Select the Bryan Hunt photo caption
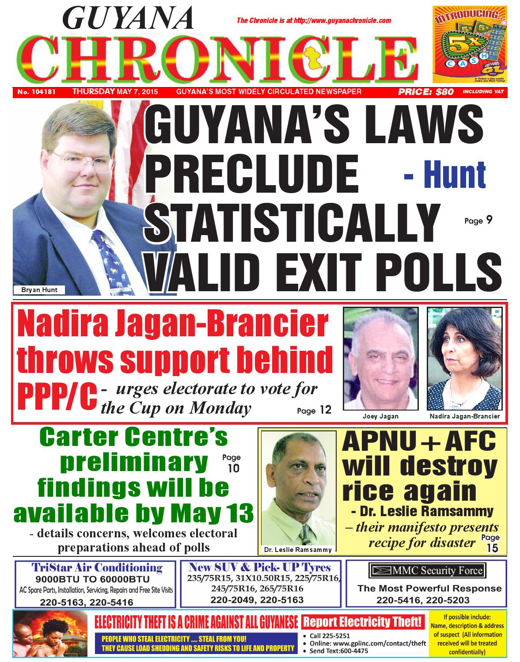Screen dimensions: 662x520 [39, 290]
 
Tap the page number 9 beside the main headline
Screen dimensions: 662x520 [489, 220]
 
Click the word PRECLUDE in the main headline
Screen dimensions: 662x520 [254, 173]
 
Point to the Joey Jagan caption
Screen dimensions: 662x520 [374, 416]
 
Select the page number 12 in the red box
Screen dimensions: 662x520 [325, 410]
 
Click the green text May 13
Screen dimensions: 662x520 [212, 514]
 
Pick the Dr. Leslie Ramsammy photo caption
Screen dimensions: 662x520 [297, 550]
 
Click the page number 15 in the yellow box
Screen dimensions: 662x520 [492, 548]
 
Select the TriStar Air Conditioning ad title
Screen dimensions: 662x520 [97, 567]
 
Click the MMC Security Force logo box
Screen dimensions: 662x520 [426, 571]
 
